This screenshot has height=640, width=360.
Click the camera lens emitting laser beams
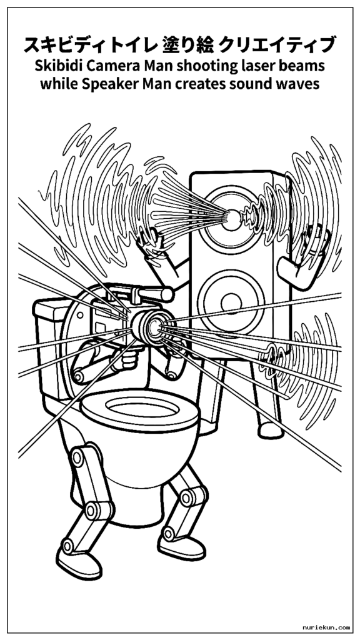155,325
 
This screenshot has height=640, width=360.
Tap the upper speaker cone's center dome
232,220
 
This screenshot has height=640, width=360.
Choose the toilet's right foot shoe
182,546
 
